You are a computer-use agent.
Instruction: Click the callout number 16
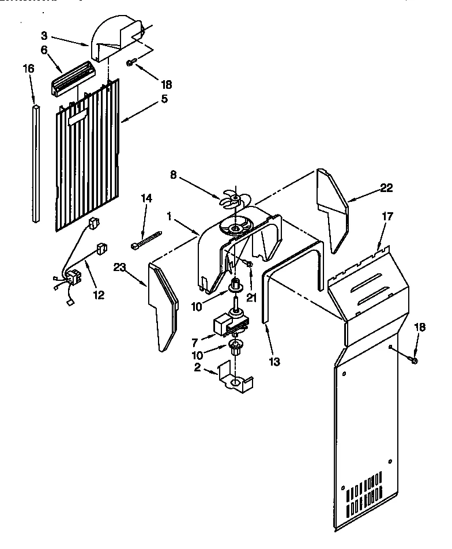point(28,69)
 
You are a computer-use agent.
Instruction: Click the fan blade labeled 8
point(234,200)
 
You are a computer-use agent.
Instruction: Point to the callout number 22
point(386,188)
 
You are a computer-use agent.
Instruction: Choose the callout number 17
point(387,217)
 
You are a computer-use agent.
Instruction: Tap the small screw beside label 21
point(248,264)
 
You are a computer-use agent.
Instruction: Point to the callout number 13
point(274,362)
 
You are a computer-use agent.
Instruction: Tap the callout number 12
point(99,295)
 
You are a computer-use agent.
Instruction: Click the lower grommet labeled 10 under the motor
point(235,347)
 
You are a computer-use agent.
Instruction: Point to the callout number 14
point(146,198)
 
